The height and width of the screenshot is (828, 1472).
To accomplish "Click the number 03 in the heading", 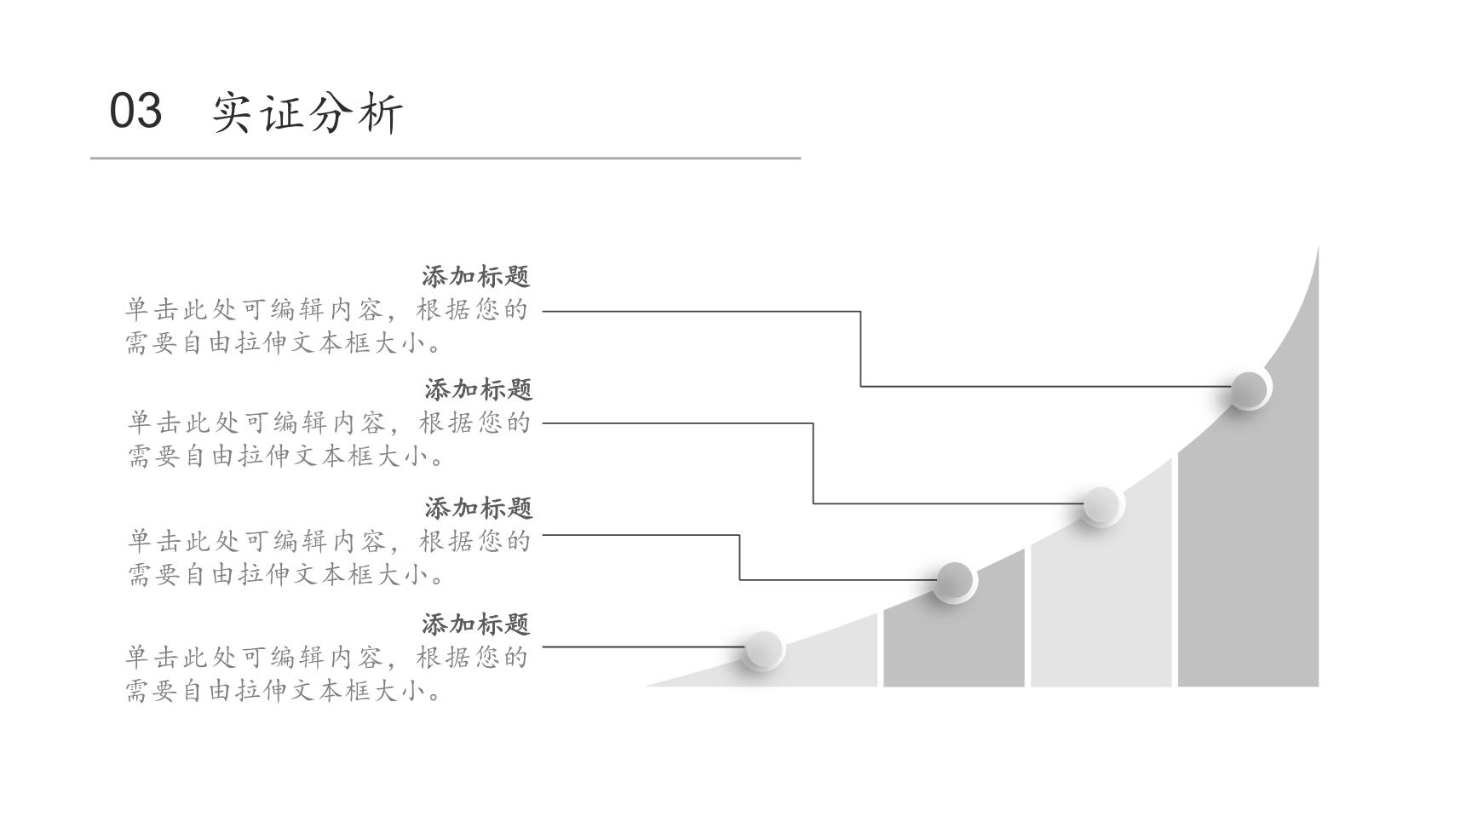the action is [135, 111].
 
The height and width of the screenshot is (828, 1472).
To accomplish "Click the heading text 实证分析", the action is [308, 112].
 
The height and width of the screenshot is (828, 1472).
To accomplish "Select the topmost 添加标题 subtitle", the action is [476, 276].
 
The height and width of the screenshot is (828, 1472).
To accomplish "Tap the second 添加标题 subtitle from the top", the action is [479, 389].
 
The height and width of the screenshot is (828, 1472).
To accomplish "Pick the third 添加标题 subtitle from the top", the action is [479, 508].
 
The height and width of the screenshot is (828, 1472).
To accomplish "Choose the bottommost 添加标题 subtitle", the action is [476, 624].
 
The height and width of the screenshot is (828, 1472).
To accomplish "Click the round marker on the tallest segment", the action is [1250, 389].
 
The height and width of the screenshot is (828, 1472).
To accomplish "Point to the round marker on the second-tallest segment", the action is [1101, 505].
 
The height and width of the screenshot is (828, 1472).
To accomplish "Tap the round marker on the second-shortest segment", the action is [954, 582].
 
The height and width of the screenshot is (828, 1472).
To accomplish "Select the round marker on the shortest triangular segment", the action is [763, 651].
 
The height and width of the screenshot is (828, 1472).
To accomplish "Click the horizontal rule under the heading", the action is [446, 158].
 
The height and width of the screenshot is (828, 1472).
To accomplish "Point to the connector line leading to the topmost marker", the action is [860, 349].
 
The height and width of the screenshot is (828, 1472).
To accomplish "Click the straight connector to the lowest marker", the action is [644, 647].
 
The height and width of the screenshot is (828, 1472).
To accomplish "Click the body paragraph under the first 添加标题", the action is [327, 325].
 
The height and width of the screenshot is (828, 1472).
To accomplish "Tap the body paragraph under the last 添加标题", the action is [327, 674].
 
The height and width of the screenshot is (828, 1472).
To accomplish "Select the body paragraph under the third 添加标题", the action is [329, 557].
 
